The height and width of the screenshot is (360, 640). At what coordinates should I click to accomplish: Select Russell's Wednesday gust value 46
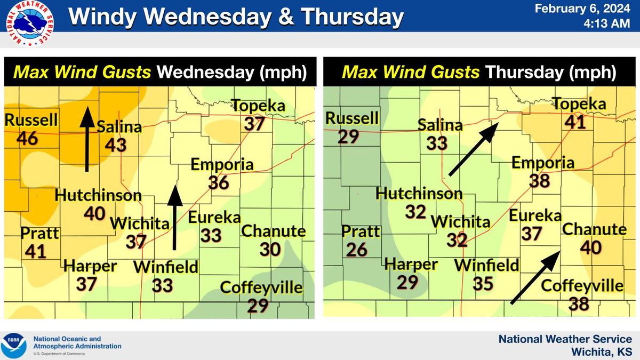click(x=27, y=138)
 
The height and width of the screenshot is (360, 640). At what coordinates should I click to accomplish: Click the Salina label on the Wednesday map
click(x=119, y=127)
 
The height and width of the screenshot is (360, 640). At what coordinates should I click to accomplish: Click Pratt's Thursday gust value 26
click(x=357, y=249)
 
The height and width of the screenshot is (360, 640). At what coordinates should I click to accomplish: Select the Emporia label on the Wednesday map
click(x=222, y=164)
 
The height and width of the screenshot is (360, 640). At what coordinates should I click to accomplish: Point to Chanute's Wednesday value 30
click(x=270, y=249)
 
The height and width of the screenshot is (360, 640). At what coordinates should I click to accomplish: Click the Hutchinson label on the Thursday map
click(x=419, y=193)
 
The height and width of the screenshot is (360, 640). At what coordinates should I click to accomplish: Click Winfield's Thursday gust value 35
click(x=483, y=283)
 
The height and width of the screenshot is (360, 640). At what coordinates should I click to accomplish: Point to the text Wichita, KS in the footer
click(x=602, y=351)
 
